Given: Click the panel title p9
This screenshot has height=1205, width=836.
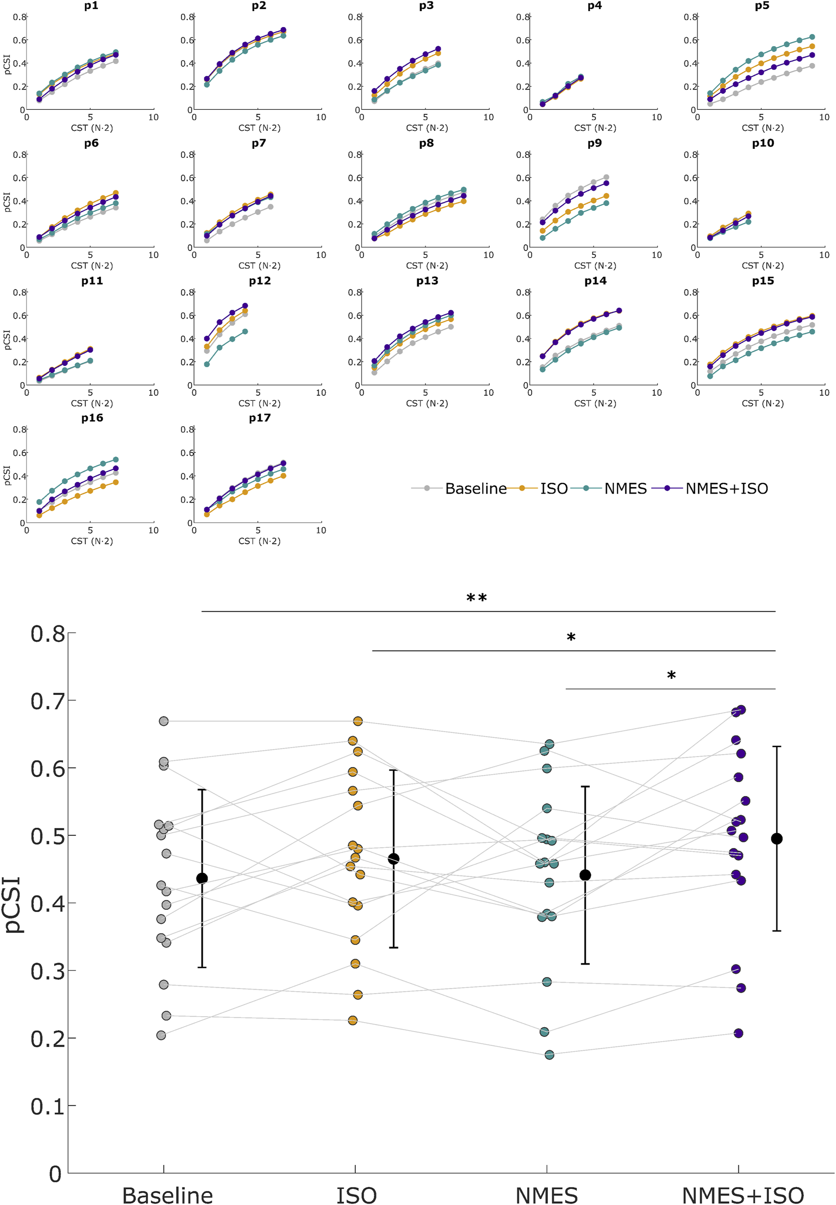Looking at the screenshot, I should click(594, 143).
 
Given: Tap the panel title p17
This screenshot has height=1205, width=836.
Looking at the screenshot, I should click(259, 418).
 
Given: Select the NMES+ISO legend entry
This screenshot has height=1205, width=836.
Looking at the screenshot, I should click(726, 489).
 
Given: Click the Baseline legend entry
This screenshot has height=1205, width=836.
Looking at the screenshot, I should click(475, 489).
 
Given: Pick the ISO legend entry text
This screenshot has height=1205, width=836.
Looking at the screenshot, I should click(554, 489).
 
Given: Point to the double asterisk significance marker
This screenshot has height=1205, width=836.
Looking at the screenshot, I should click(476, 598).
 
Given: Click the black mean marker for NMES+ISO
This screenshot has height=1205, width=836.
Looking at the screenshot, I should click(776, 839).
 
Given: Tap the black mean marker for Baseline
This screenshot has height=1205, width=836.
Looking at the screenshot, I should click(201, 878).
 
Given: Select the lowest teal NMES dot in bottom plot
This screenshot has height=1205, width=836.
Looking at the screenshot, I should click(549, 1055).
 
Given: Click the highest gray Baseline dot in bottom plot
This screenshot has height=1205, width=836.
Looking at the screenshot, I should click(163, 721).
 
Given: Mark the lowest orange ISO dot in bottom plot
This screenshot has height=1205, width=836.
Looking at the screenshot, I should click(352, 1020).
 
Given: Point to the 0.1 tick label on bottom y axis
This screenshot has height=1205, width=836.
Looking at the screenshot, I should click(47, 1107).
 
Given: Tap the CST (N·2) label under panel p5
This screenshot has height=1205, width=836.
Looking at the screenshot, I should click(762, 128).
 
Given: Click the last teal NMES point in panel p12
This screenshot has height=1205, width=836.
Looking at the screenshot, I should click(245, 332).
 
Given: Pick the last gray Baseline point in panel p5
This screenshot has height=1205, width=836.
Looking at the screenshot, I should click(811, 66).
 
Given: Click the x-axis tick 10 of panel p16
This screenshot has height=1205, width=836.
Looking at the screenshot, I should click(153, 530).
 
